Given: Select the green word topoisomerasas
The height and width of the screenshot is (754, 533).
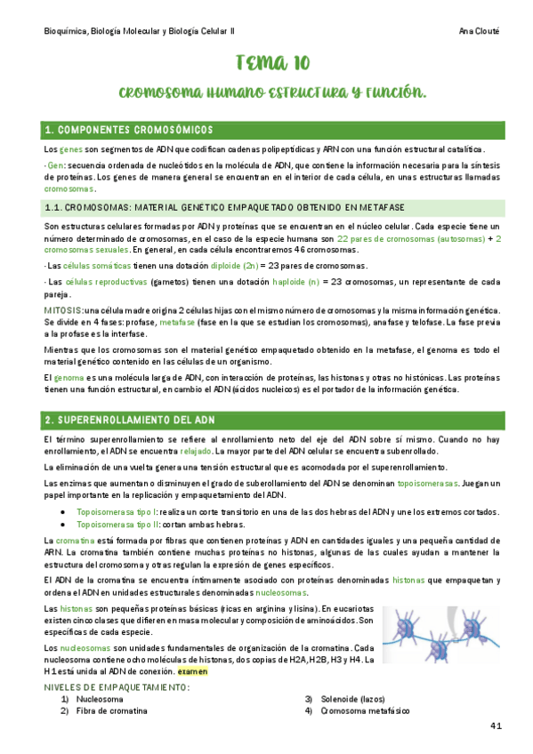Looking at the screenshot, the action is pos(428,483).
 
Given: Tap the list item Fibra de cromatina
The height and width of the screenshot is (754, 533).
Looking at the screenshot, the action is pos(112,711).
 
